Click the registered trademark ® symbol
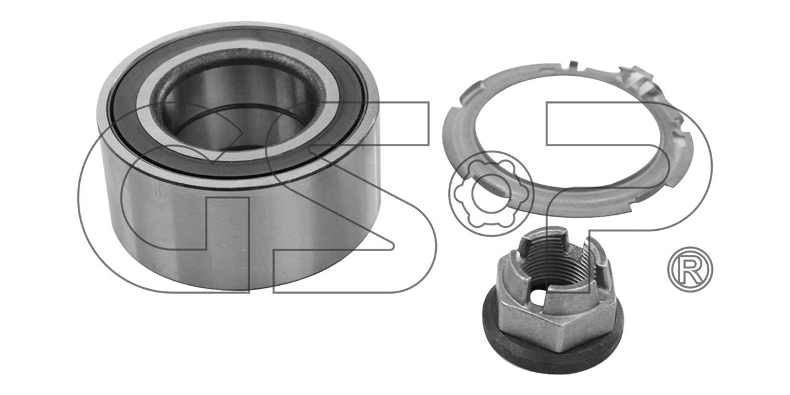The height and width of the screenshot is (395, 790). tap(690, 269)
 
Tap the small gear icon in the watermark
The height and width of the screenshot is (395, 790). tap(491, 193)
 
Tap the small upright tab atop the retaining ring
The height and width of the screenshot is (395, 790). tap(574, 65)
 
